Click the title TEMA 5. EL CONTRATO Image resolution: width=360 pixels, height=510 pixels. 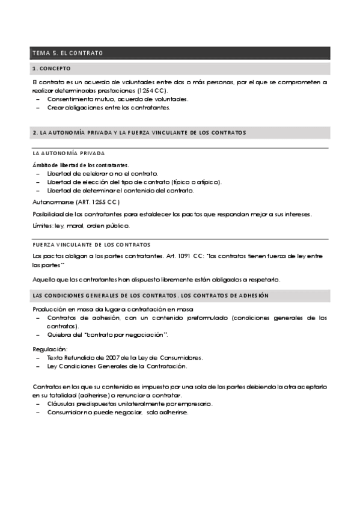tap(67, 54)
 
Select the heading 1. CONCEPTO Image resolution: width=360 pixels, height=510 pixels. tap(52, 69)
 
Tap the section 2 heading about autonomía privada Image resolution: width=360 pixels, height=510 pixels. tap(139, 132)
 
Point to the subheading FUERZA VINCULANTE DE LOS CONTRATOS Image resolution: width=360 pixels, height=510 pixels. tap(91, 245)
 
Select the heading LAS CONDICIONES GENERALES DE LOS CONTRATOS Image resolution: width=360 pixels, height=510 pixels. tap(150, 295)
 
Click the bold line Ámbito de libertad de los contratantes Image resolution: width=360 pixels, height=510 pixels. tap(81, 165)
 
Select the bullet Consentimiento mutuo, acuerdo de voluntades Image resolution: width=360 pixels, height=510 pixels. tap(118, 99)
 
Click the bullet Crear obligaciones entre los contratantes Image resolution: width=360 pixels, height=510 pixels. tap(108, 108)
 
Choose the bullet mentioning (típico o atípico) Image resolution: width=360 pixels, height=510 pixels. tap(134, 182)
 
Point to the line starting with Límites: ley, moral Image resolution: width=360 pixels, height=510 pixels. tap(81, 226)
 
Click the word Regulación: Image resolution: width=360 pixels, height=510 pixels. tap(50, 349)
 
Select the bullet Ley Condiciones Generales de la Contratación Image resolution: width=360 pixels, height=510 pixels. tap(117, 366)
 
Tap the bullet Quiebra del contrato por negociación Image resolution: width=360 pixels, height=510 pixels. tap(108, 334)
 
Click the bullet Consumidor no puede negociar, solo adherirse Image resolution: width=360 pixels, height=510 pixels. tap(117, 413)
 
